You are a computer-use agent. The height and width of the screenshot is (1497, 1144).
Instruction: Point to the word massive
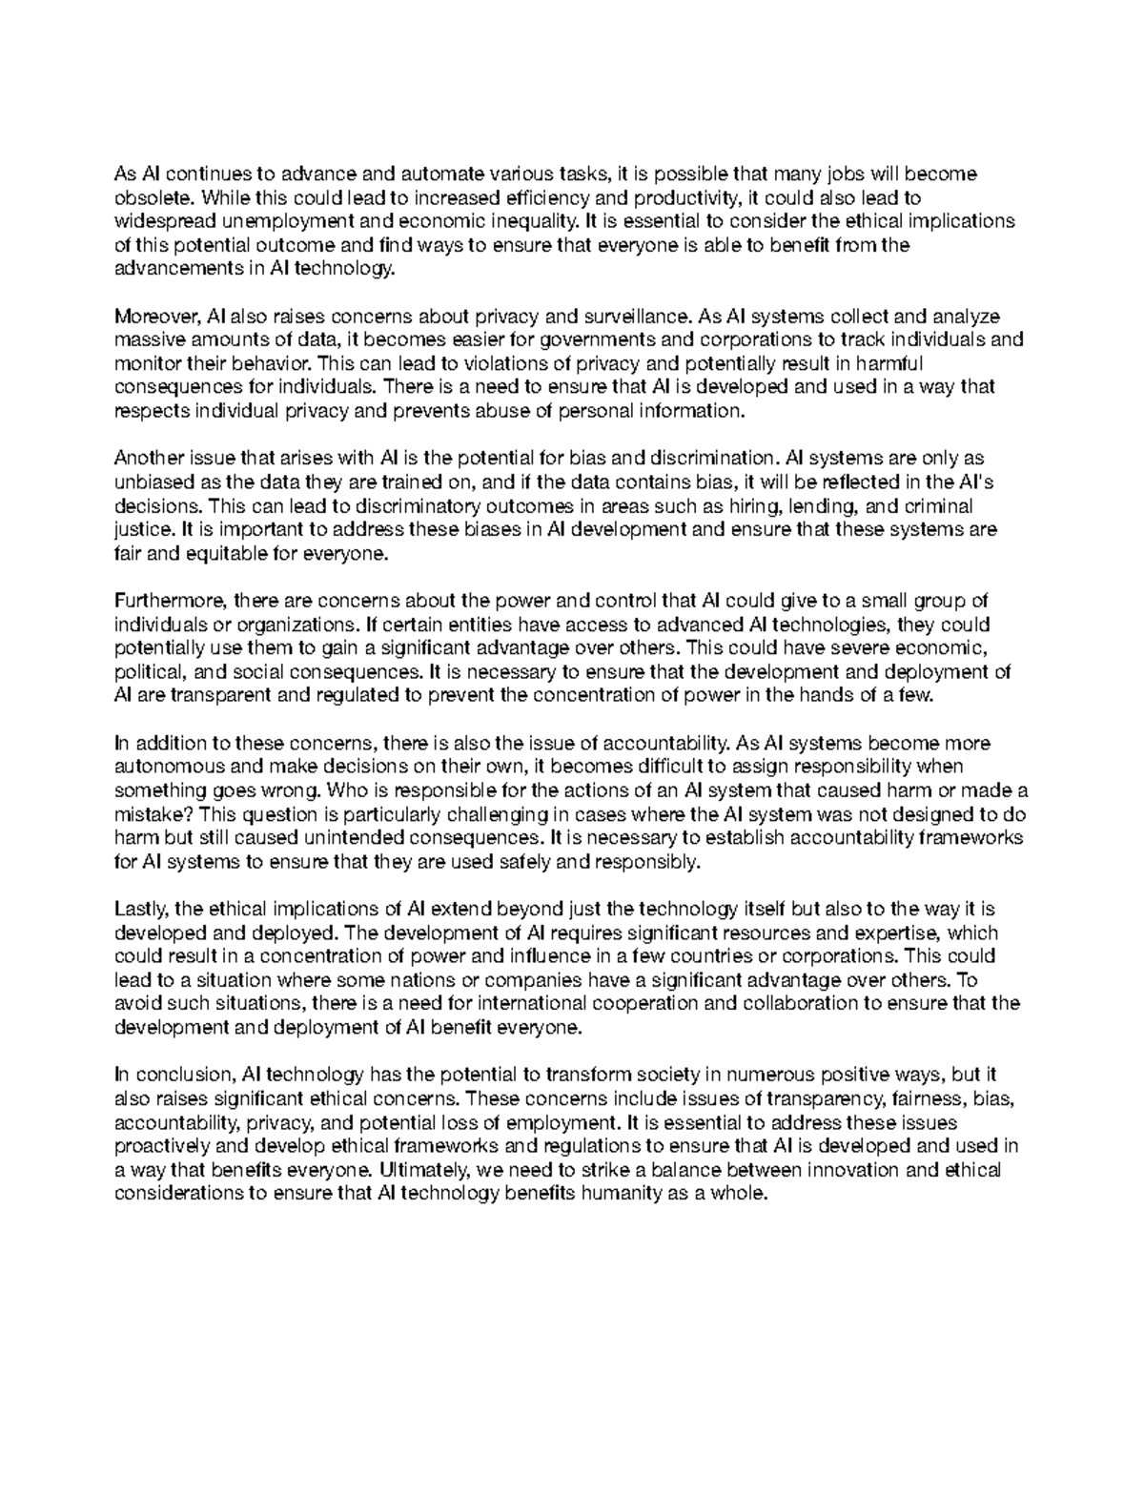(145, 340)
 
